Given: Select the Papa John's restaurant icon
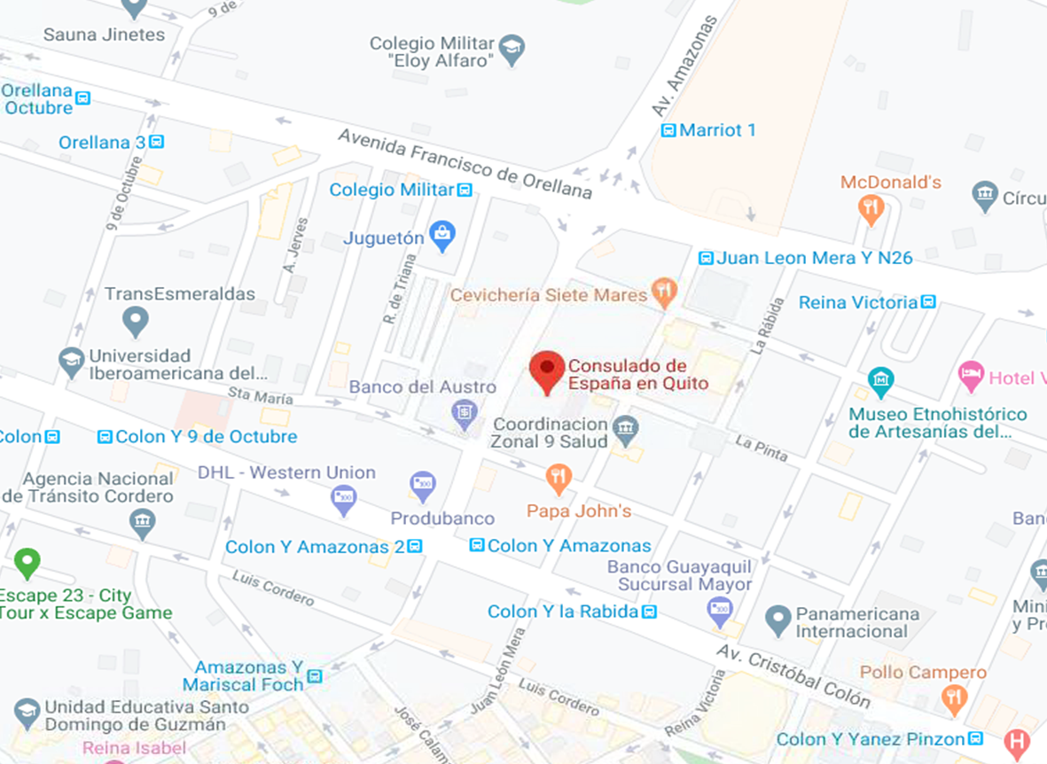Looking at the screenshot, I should point(558,479).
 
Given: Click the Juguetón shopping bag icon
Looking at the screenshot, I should point(441,236).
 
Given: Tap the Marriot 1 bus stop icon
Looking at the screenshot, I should point(668,131).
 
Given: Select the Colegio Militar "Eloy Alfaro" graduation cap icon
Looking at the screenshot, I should point(512,50).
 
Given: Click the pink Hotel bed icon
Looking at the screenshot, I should point(972,377).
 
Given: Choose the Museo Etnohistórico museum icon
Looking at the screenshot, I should point(880,382).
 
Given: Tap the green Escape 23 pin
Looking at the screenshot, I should point(27,562).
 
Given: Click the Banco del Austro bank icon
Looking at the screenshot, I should point(463,412).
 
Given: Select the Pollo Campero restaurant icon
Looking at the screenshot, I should point(954,697).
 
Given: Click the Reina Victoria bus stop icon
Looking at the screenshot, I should point(928,302).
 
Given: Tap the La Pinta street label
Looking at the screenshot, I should point(761,448).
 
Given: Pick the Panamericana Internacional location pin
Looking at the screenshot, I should point(777,620).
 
